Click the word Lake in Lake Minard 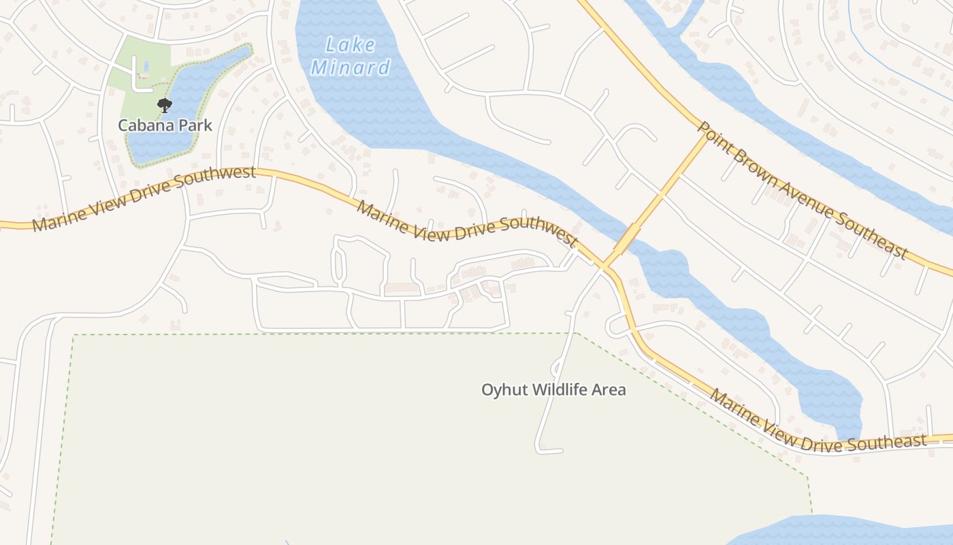coord(350,46)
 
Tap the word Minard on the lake coord(351,67)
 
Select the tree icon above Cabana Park coord(165,105)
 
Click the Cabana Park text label coord(165,125)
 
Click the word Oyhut coord(504,390)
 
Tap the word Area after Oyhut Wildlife coord(610,390)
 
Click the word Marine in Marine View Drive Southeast coord(733,404)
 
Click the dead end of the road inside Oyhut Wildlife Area coord(560,451)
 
